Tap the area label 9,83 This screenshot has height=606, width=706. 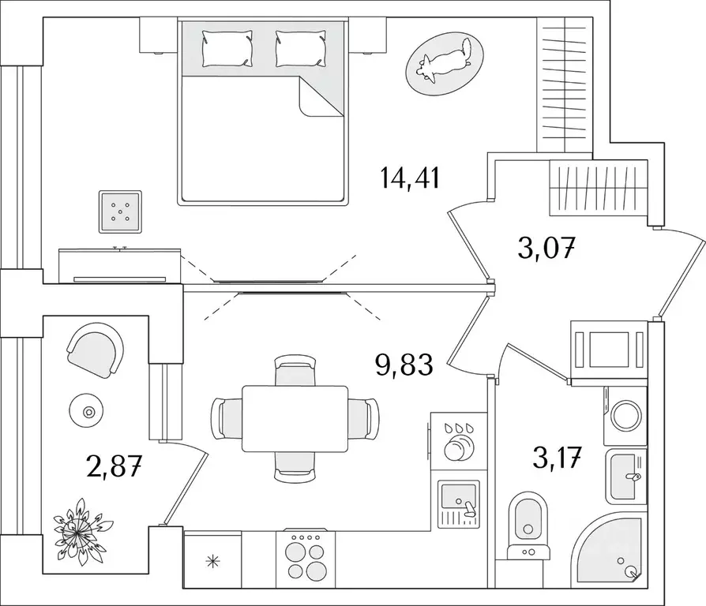point(404,365)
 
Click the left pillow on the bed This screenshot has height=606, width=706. point(227,48)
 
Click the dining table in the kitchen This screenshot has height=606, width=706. point(295,418)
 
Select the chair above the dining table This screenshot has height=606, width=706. point(295,370)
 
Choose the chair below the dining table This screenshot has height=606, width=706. point(295,466)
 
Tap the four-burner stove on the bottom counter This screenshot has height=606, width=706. point(306,557)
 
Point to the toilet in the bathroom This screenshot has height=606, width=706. point(528,521)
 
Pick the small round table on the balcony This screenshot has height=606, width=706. point(87,411)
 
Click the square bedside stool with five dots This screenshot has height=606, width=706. point(120,211)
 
